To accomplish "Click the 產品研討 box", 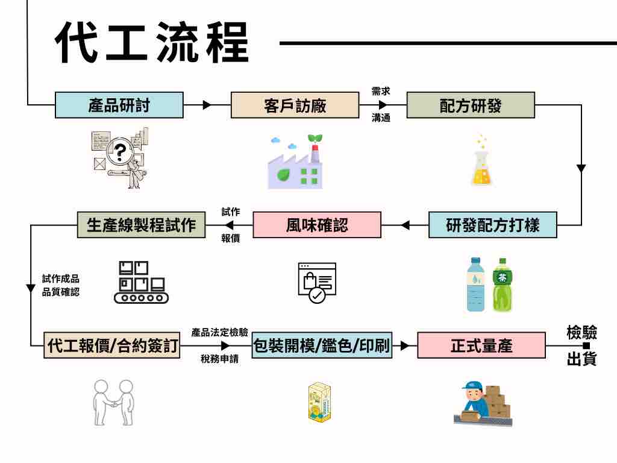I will [119, 105].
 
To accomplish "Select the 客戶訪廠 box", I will [295, 105].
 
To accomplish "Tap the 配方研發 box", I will [471, 105].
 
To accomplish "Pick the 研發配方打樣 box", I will [493, 225].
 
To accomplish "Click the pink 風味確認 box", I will [317, 225].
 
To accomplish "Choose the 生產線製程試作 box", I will [142, 225].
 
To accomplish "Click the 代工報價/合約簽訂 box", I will [112, 346].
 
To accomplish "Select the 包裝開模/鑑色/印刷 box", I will [322, 346].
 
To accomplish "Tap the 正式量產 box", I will [481, 346].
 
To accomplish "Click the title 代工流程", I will [152, 44].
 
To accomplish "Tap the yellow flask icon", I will [481, 165].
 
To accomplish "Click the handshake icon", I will [113, 403].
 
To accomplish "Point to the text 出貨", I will [581, 360].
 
